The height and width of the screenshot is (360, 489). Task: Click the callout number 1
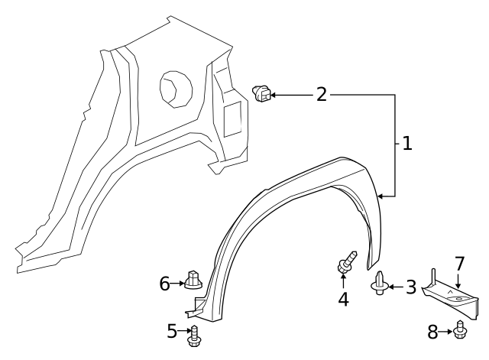pos(406,143)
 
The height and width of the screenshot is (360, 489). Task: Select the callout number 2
pos(321,94)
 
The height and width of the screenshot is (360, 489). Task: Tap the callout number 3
pos(410,287)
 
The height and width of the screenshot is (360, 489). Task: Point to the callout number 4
pos(343,300)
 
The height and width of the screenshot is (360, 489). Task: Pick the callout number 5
pos(172,331)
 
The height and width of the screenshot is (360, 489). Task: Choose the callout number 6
pos(164,284)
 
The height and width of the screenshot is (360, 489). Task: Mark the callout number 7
pos(458,264)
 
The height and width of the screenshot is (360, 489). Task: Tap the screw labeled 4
pos(345,264)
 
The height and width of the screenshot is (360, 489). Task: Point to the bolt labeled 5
pos(193,335)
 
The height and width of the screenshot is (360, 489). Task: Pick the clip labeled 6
pos(193,280)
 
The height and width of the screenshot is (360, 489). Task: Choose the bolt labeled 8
pos(460,330)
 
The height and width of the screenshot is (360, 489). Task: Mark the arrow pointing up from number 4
pos(343,281)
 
